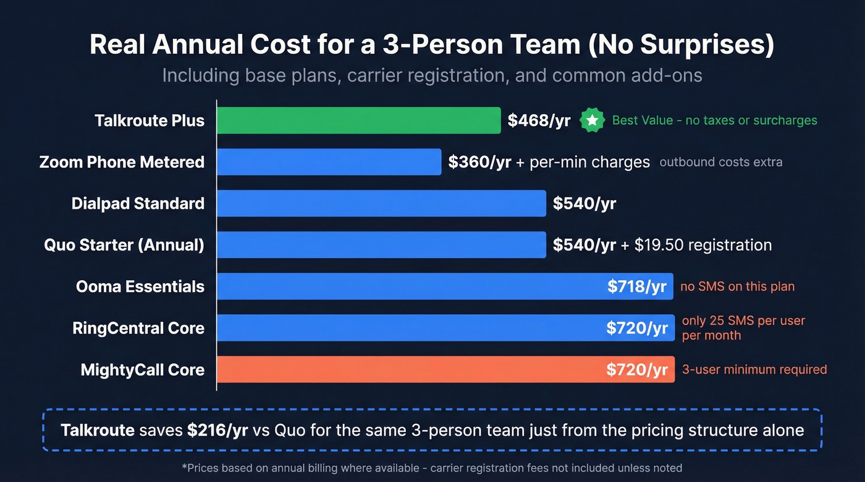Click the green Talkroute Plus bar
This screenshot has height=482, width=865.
click(x=358, y=120)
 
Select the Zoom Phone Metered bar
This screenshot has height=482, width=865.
click(x=329, y=162)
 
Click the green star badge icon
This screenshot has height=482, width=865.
click(x=592, y=120)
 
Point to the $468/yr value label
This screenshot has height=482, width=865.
click(x=539, y=120)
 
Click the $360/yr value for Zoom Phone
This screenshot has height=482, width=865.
click(x=479, y=162)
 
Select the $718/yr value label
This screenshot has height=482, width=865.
click(x=637, y=286)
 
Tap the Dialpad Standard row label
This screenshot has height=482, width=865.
click(x=138, y=204)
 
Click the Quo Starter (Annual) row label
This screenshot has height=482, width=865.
click(x=124, y=245)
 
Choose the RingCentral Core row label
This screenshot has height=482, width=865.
click(x=138, y=328)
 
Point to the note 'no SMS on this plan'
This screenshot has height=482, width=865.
click(x=737, y=286)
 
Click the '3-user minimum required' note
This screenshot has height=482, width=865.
click(x=754, y=370)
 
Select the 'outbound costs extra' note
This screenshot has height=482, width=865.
click(x=721, y=162)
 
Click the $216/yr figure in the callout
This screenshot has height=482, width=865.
click(x=217, y=430)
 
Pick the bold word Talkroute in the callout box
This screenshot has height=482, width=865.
click(x=98, y=430)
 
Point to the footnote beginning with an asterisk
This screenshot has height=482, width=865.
click(x=432, y=468)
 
